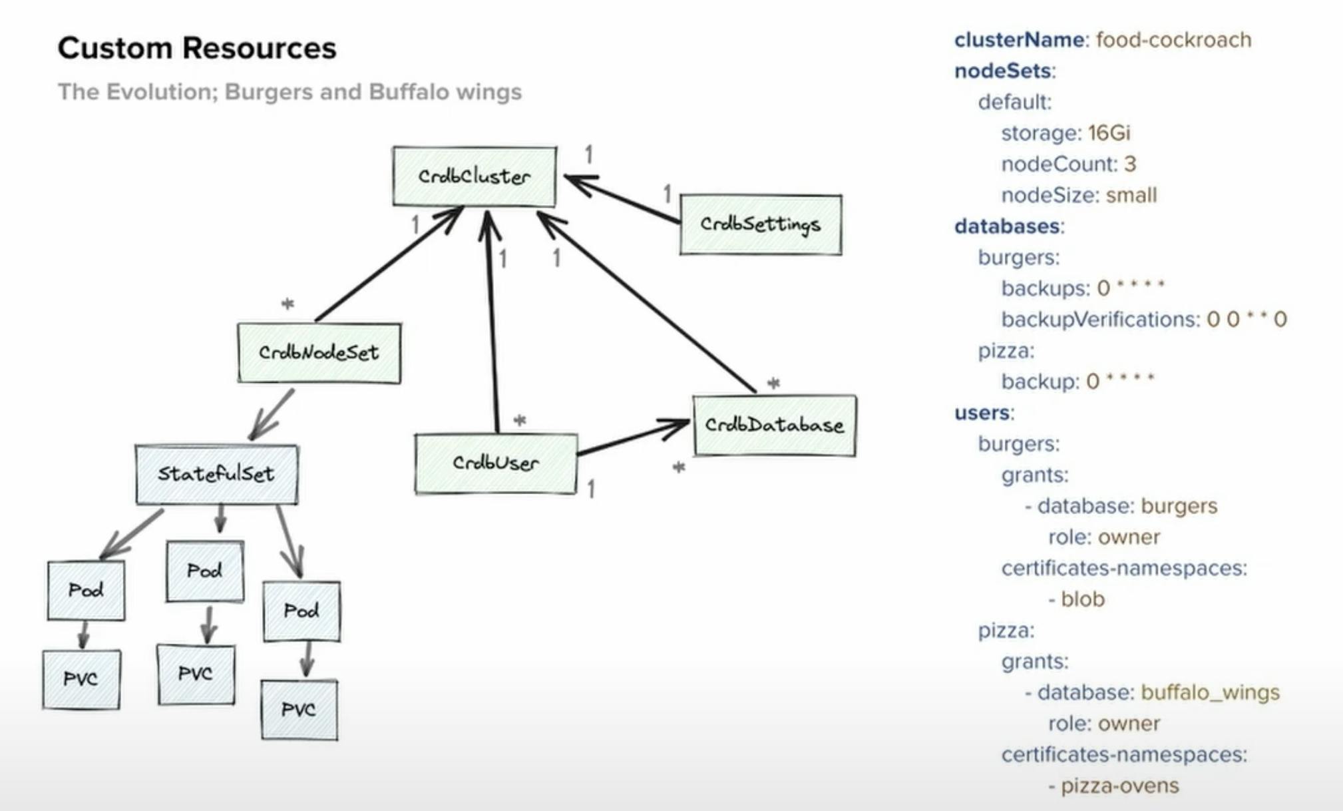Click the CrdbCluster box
[x=474, y=176]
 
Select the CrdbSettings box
[x=760, y=224]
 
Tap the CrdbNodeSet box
[x=319, y=353]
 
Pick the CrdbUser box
[x=496, y=463]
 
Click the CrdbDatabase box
[x=774, y=425]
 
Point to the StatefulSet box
[x=216, y=474]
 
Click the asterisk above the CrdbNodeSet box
[x=288, y=304]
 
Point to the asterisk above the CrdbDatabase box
[x=773, y=383]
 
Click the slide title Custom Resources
[x=197, y=48]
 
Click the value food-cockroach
[x=1173, y=40]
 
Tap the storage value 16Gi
[x=1109, y=133]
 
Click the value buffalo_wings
[x=1210, y=692]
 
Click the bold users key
[x=982, y=413]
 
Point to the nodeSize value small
[x=1131, y=195]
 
